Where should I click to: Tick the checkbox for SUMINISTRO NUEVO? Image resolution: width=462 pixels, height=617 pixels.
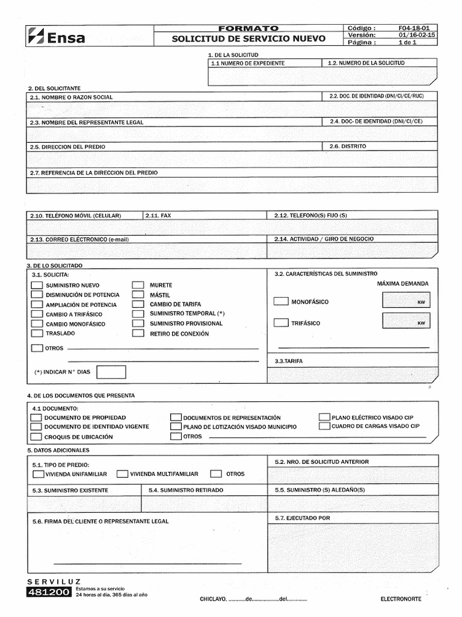click(x=37, y=285)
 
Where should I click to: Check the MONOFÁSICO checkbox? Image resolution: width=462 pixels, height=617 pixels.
click(x=281, y=301)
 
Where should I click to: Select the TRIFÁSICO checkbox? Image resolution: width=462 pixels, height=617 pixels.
click(x=281, y=323)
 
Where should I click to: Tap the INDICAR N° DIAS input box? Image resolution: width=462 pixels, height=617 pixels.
click(x=111, y=372)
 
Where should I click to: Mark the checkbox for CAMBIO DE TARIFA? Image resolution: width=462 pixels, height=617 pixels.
click(x=138, y=304)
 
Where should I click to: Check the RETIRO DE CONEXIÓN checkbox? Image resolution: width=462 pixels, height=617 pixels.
click(x=138, y=333)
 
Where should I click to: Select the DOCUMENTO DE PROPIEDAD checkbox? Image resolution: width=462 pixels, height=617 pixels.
click(x=36, y=417)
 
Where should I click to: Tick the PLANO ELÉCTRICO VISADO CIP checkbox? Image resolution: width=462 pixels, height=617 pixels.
click(x=325, y=417)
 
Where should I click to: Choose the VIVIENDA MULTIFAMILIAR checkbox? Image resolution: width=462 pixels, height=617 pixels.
click(x=123, y=474)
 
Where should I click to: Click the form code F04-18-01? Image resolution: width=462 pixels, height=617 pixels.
click(x=413, y=28)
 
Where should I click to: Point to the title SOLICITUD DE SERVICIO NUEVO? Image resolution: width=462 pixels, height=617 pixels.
click(x=248, y=39)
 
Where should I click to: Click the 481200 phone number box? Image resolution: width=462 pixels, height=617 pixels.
click(x=49, y=593)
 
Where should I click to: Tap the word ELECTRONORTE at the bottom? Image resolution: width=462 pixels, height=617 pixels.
click(x=401, y=599)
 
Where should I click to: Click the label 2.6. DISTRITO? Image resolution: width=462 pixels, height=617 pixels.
click(x=347, y=146)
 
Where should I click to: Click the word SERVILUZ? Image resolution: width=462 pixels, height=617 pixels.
click(x=54, y=581)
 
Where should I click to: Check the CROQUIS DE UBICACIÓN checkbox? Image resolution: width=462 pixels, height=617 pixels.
click(x=36, y=436)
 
